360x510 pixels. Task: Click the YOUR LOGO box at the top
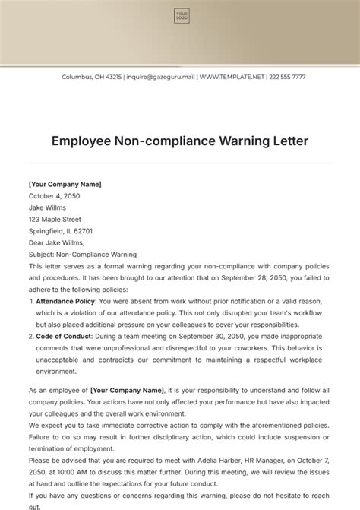point(182,15)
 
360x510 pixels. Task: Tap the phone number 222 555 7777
point(288,77)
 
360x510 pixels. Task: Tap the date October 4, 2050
point(54,196)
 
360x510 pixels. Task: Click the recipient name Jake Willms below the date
point(47,207)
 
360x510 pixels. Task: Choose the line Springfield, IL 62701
point(61,231)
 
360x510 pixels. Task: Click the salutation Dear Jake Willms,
point(57,243)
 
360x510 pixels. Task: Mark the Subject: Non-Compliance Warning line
point(83,255)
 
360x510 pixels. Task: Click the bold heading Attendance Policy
point(66,302)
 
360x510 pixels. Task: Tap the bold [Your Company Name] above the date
point(65,184)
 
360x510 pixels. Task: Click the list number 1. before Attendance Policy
point(30,302)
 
